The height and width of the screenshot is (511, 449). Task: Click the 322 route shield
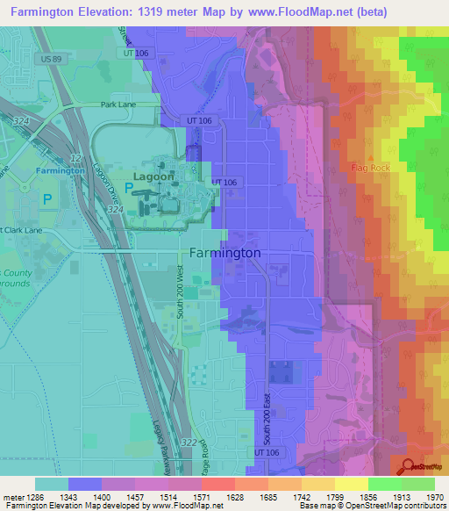coord(187,444)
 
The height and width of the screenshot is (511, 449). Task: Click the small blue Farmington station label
coord(60,170)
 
